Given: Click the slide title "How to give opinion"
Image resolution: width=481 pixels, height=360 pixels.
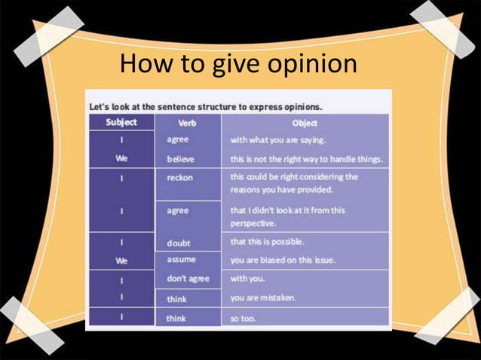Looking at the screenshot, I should point(238,65).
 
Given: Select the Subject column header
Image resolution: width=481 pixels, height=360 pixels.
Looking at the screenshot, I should point(121,122).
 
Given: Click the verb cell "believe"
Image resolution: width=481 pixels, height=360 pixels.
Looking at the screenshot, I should point(180,159).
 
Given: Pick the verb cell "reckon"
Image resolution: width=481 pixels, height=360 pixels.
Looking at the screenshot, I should point(179,178).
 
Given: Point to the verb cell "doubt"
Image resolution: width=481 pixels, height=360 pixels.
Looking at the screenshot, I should point(179,243).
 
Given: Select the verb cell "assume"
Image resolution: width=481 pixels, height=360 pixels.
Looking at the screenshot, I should point(181,259).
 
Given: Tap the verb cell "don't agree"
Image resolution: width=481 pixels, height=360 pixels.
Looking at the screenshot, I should point(188,279).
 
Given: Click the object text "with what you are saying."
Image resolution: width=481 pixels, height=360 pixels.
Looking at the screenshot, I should point(277,140).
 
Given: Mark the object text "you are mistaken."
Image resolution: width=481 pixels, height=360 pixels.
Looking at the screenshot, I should point(263,298).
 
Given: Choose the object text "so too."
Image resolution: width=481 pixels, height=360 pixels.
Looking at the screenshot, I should point(244,319).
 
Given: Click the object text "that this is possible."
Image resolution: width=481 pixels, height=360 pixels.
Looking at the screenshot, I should point(267,242).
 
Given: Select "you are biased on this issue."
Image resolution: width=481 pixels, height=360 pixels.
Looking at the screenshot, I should point(283,260).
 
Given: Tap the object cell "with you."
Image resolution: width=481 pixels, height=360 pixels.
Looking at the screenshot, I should point(247,279).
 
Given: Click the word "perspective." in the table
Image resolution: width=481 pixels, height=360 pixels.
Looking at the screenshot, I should point(253,224).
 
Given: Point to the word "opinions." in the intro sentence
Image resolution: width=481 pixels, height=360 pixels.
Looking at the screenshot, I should point(301,106).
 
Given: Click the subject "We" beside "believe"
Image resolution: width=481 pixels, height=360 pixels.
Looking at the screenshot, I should point(121,159).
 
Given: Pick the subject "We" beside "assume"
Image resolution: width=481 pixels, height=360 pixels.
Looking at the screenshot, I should point(121,261).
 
